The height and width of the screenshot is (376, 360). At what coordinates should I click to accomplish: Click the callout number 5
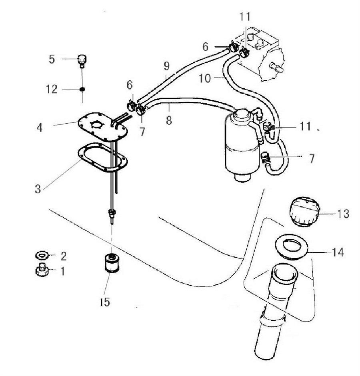(52, 60)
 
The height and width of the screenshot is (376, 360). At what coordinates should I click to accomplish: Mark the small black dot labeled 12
(82, 89)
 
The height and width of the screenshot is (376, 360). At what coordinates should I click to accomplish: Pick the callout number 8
(169, 119)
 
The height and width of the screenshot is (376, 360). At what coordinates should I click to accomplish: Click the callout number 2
(63, 255)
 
